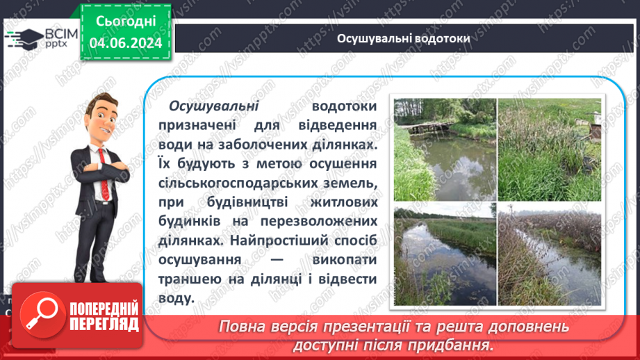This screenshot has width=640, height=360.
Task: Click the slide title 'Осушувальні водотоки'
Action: click(403, 38)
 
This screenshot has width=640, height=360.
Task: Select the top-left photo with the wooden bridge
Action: click(445, 149)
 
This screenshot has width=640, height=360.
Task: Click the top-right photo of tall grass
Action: click(549, 149)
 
